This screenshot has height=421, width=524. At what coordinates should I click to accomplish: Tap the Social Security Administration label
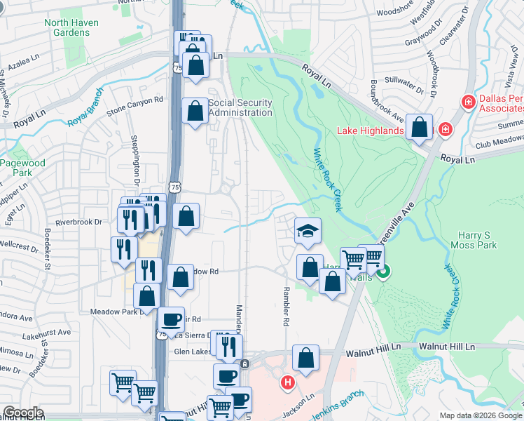[240, 108]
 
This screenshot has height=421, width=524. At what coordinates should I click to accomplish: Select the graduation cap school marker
[307, 232]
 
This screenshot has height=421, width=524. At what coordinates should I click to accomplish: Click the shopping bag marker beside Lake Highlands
[420, 128]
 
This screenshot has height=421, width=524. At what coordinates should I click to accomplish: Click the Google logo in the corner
[23, 413]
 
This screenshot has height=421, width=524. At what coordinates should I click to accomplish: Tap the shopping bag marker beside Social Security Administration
[195, 111]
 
